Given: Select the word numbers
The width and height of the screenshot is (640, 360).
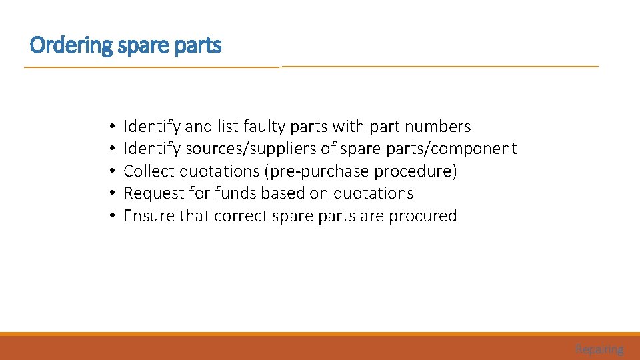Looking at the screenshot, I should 438,127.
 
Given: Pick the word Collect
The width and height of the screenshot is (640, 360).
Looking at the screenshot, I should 149,171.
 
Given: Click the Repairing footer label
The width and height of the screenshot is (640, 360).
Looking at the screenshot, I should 599,349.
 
